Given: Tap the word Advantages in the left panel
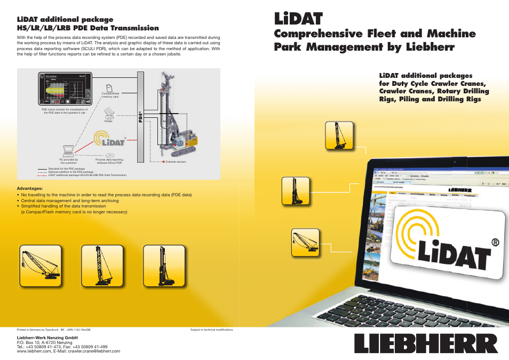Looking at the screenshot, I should tap(30, 188).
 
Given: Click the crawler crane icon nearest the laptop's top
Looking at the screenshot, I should tap(339, 135).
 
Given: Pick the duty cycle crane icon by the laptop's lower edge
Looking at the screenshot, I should tap(306, 243).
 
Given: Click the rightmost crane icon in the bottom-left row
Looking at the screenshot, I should tap(164, 265).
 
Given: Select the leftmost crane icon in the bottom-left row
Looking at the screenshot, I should tap(40, 265).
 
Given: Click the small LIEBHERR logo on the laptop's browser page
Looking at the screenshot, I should tap(459, 189).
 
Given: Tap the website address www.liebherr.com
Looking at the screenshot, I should tap(34, 351).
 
